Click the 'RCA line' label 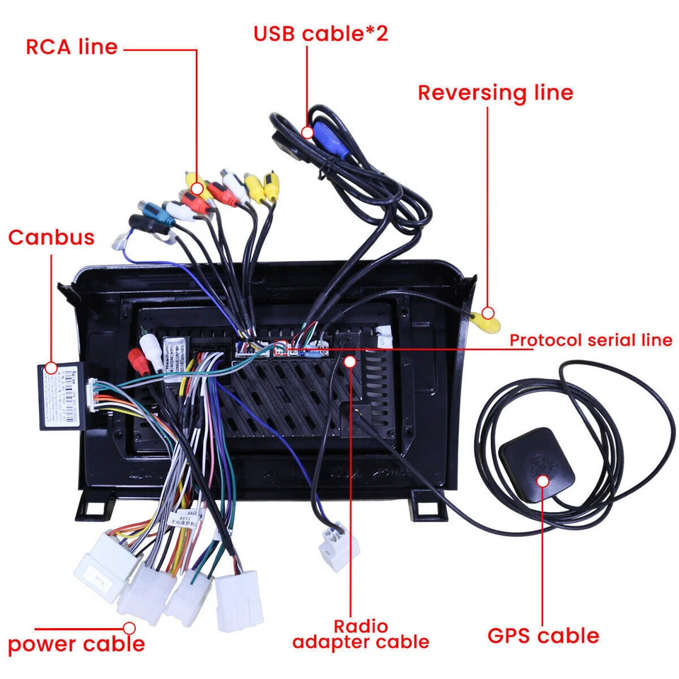pos(71,47)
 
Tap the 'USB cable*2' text pos(321,33)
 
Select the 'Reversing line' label pos(495,93)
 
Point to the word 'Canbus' pos(51,237)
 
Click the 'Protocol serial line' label pos(591,340)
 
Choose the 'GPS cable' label pos(543,635)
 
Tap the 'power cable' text pos(76,644)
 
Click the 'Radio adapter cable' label pos(361,634)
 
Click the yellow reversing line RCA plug pos(485,322)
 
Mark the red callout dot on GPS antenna pos(542,481)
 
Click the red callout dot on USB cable pos(307,132)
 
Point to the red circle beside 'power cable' pos(129,627)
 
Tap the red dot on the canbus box pos(51,368)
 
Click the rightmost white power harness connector pos(238,598)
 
